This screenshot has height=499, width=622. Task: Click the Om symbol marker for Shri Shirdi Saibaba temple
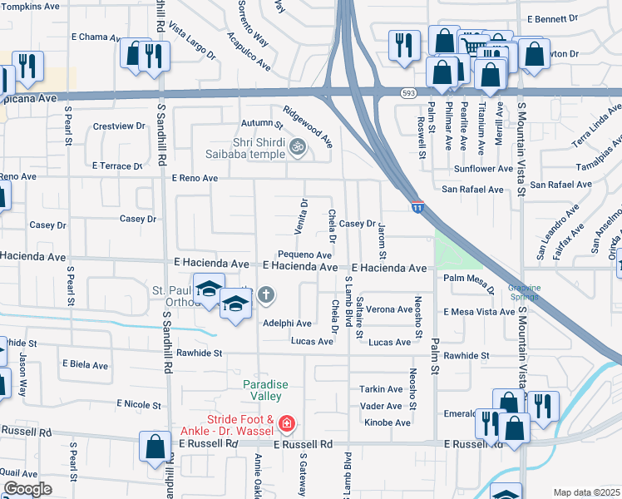297,148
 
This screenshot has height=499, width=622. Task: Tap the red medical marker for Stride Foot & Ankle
287,425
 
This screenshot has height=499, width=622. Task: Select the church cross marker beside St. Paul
266,294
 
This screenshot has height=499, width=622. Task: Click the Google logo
27,489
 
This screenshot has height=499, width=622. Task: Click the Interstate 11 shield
417,205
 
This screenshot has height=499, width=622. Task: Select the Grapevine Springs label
525,292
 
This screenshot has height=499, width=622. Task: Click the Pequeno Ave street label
305,254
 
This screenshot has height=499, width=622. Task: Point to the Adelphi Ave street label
287,323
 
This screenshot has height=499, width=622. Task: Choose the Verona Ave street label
389,309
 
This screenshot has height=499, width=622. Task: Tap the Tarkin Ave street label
382,389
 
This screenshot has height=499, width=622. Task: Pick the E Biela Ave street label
85,365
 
